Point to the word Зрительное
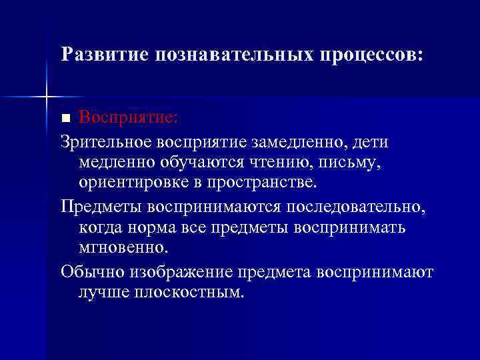(106, 142)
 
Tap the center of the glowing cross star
(47, 97)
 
